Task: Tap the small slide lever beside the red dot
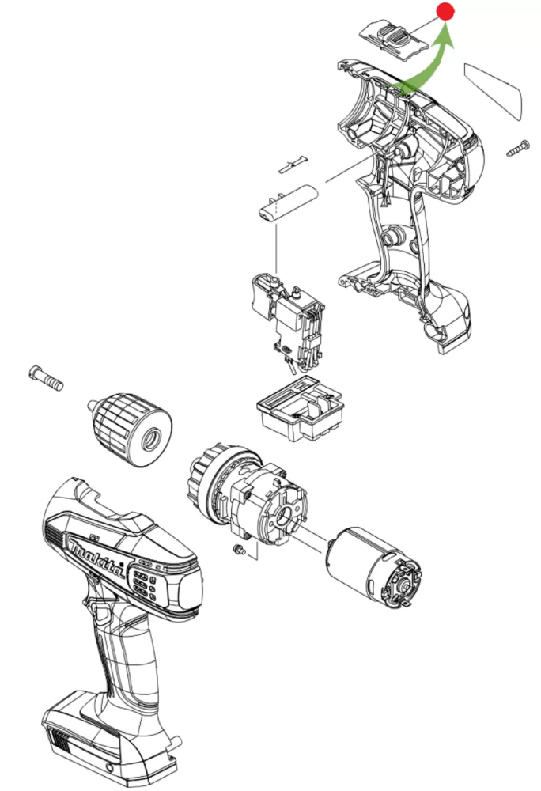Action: (x=392, y=37)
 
